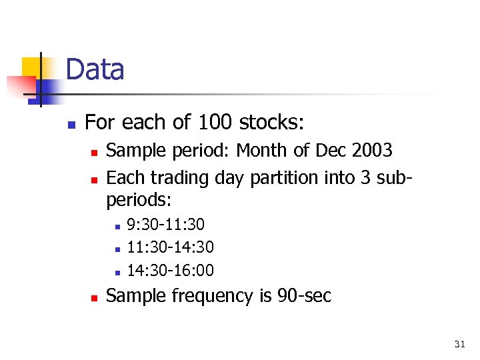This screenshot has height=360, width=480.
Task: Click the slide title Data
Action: tap(95, 70)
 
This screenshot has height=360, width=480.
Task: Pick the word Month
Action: tap(263, 151)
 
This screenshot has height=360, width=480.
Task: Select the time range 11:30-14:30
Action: tap(170, 248)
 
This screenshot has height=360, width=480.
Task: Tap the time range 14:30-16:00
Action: tap(170, 270)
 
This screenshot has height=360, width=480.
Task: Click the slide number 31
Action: tap(459, 344)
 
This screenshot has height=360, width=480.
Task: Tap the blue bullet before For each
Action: tap(72, 125)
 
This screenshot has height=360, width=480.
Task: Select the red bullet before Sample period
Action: tap(94, 153)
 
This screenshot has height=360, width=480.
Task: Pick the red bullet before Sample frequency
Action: tap(94, 297)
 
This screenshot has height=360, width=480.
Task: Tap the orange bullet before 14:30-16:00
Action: tap(117, 272)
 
